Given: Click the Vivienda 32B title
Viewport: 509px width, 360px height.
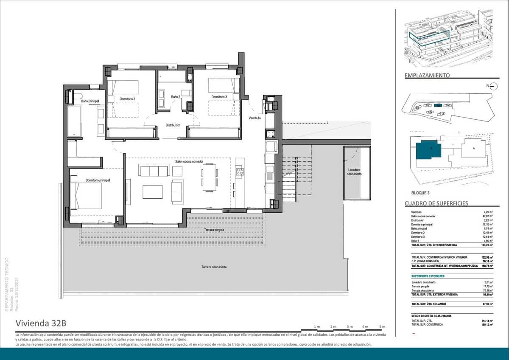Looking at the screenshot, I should point(41,323).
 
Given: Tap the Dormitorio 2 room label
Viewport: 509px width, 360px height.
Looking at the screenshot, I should point(127,99).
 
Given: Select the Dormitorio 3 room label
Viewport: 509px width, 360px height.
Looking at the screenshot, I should point(219,97).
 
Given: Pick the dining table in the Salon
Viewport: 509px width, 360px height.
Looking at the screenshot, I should point(209,177).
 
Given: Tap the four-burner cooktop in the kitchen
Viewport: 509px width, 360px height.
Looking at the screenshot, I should point(240,172).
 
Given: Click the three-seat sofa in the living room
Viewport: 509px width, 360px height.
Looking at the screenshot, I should point(154,171).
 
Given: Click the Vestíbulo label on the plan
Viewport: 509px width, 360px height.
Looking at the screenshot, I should point(255,118).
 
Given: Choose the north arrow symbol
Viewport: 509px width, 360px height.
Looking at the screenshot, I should point(493,86).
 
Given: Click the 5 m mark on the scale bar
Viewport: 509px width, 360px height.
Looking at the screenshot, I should point(382,326).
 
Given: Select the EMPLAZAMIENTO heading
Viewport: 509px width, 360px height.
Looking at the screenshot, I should point(427,76).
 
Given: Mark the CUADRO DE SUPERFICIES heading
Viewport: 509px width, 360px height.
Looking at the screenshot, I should point(436,203).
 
